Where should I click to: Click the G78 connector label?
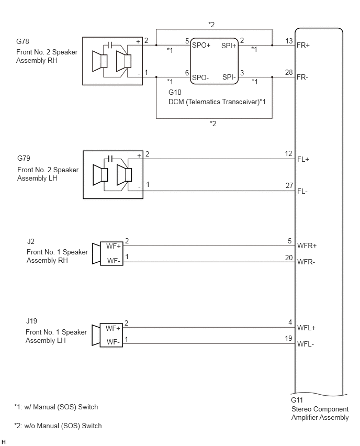click(22, 41)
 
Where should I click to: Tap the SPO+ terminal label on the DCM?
click(201, 45)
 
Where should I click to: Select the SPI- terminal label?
click(229, 77)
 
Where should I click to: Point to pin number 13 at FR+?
click(289, 41)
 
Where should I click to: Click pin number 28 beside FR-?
click(289, 73)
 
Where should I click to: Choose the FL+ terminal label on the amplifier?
click(303, 159)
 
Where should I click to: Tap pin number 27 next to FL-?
click(289, 186)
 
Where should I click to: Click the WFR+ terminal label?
click(307, 246)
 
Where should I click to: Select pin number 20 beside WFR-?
click(289, 258)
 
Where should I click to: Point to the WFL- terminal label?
click(306, 344)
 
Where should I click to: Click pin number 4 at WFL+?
click(290, 322)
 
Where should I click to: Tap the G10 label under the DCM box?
click(175, 92)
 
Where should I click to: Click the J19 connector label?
click(31, 321)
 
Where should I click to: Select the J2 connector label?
click(31, 241)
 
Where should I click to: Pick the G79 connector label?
click(24, 158)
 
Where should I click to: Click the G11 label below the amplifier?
click(297, 400)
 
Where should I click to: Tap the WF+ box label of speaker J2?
click(114, 247)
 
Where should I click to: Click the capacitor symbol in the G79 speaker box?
click(110, 159)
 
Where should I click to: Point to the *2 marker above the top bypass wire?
click(211, 25)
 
